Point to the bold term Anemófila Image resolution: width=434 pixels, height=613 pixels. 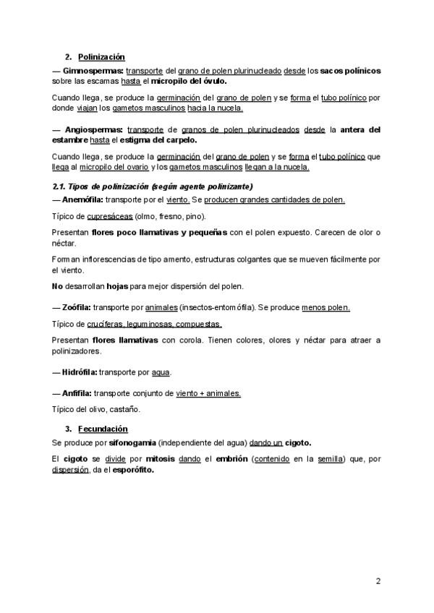82,200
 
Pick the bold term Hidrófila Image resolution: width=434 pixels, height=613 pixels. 78,372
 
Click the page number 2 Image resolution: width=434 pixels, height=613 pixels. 378,580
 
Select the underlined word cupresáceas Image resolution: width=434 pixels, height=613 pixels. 110,216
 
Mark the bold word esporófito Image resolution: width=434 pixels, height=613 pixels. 134,468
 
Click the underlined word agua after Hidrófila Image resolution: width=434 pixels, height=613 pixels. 161,372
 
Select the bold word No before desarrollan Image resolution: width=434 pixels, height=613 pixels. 58,286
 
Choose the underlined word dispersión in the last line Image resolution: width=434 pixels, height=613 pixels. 71,468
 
